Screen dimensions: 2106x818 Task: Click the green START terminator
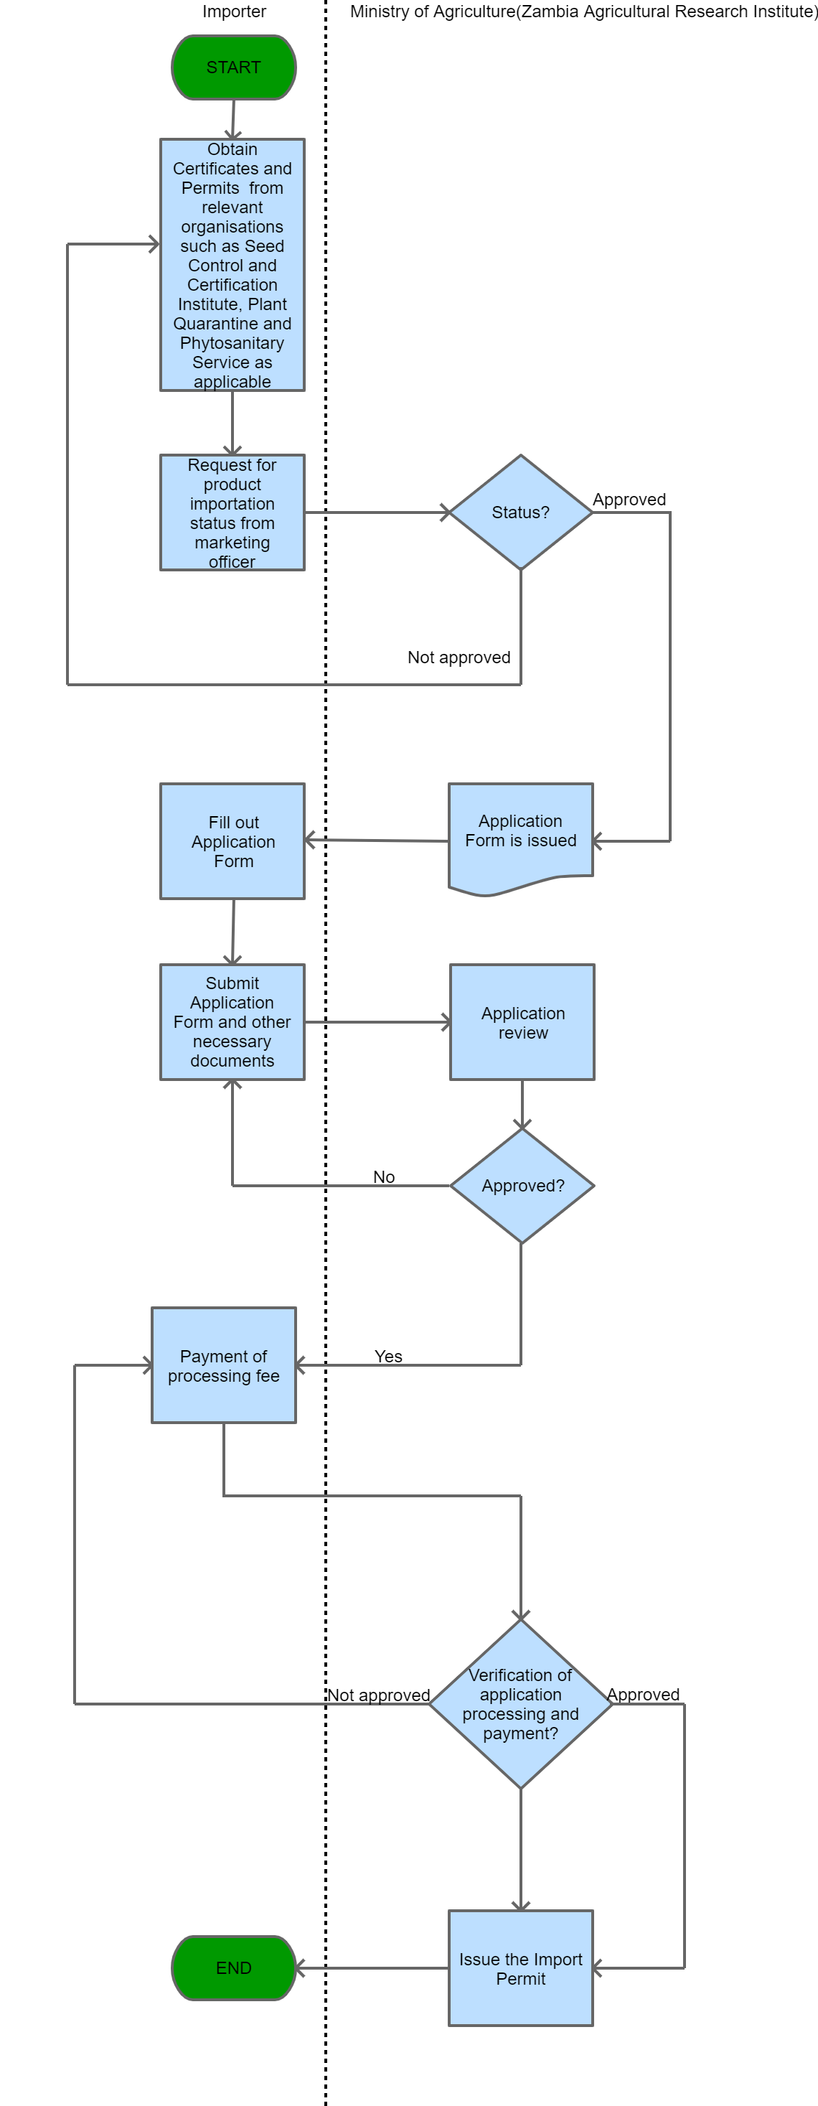(x=234, y=67)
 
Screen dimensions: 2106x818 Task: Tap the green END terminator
(x=234, y=1968)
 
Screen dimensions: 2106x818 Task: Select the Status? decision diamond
(x=520, y=513)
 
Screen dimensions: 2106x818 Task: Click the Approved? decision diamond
(x=522, y=1186)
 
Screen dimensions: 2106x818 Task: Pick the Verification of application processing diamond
(x=520, y=1704)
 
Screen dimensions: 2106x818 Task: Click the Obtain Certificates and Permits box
(x=232, y=265)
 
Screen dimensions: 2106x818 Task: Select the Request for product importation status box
(x=232, y=513)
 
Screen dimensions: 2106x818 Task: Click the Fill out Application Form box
(x=233, y=841)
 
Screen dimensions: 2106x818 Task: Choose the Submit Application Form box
(x=232, y=1022)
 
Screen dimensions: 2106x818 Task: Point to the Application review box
(x=522, y=1022)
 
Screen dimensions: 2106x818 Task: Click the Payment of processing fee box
(x=224, y=1365)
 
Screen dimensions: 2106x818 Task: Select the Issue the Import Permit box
(x=520, y=1968)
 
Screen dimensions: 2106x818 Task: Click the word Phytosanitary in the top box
(x=232, y=343)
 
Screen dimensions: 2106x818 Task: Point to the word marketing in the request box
(x=232, y=543)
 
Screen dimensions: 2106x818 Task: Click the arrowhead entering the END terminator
(x=300, y=1968)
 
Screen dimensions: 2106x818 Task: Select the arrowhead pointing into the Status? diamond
(x=446, y=513)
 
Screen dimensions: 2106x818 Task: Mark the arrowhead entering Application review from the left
(x=446, y=1022)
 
